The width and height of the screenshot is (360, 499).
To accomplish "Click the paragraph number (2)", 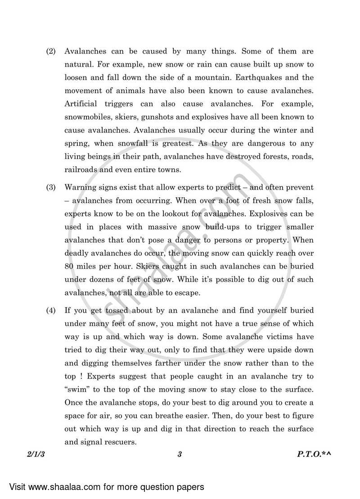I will (x=51, y=52).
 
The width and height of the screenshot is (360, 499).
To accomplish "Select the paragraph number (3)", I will (x=51, y=187).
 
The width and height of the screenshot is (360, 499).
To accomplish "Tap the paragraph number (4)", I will (x=51, y=311).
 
